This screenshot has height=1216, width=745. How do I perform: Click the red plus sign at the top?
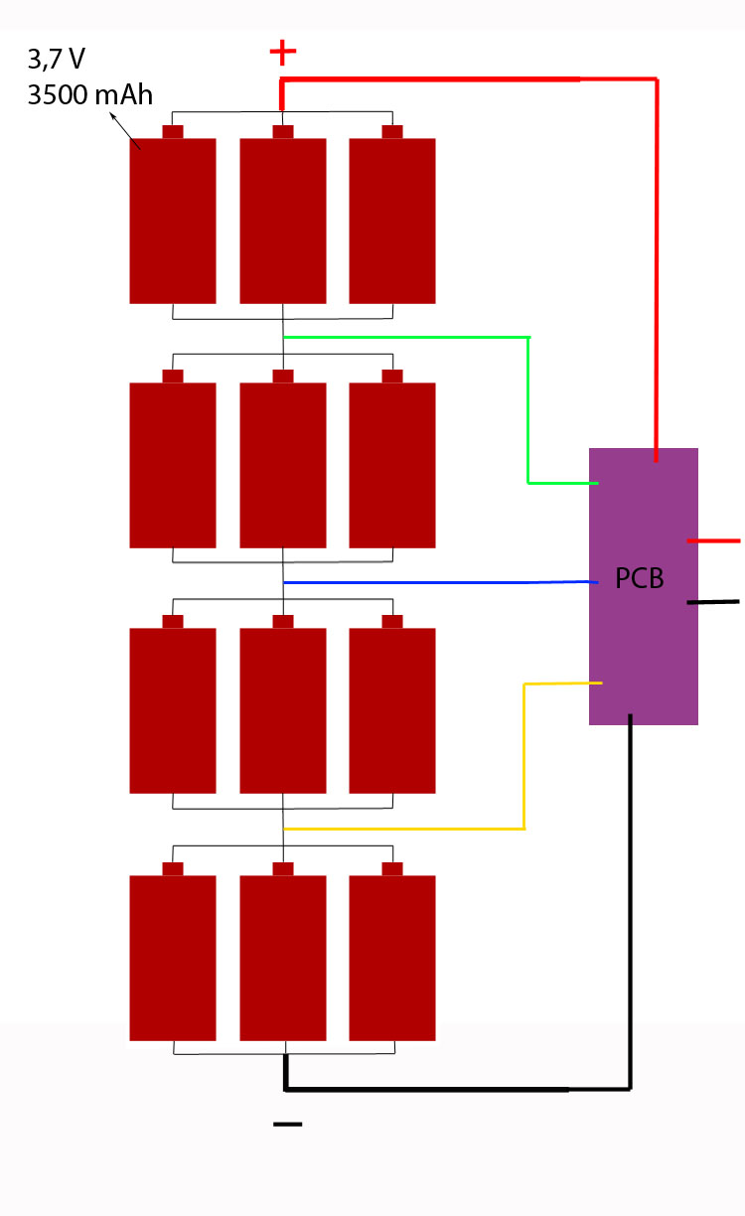click(x=283, y=52)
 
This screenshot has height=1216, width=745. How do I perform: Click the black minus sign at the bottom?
click(x=288, y=1124)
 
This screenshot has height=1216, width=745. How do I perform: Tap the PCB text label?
click(x=639, y=578)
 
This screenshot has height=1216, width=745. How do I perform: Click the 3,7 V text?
click(x=56, y=60)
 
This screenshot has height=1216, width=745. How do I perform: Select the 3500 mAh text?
click(x=90, y=95)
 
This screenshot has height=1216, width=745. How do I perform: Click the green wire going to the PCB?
click(x=528, y=410)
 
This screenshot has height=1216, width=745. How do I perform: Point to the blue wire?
click(x=441, y=582)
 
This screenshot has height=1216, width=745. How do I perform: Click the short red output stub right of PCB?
click(x=713, y=540)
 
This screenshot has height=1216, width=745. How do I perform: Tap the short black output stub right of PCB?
click(x=713, y=602)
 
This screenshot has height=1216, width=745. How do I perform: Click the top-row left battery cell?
click(x=173, y=221)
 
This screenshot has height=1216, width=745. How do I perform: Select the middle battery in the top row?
click(x=283, y=221)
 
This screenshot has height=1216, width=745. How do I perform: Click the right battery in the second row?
click(x=392, y=465)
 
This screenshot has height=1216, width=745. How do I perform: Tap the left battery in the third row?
click(x=173, y=710)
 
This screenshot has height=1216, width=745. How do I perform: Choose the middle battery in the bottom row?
click(x=283, y=958)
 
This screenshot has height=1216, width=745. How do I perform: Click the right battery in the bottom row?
click(x=392, y=958)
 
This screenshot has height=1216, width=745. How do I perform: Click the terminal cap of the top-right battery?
click(x=392, y=132)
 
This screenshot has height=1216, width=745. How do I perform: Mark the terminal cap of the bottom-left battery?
click(x=173, y=869)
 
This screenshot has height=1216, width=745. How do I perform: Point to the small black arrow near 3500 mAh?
click(x=125, y=131)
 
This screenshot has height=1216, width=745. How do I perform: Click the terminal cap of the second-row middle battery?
click(x=283, y=377)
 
